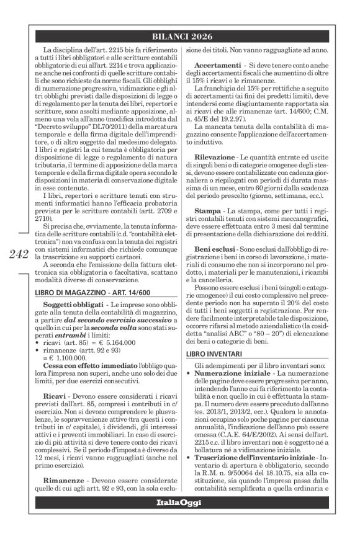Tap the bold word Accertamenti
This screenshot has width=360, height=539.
coord(218,65)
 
